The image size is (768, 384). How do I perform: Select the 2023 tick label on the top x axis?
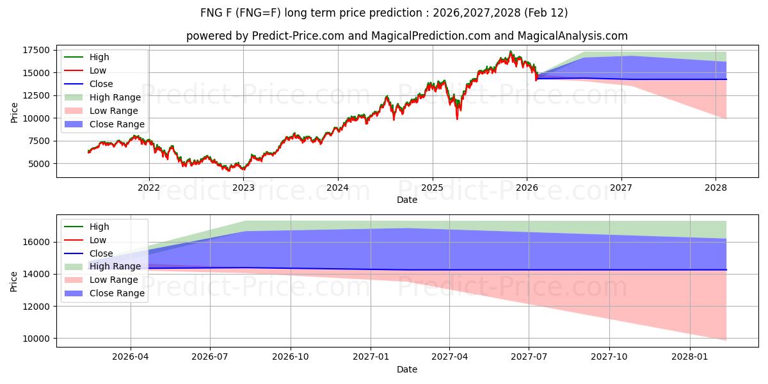[x=243, y=187]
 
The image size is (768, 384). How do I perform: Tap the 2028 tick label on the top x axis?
[x=716, y=187]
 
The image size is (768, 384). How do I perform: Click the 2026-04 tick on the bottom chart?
[x=131, y=357]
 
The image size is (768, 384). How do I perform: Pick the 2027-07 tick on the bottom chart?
[x=529, y=357]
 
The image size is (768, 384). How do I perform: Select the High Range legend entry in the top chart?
[x=115, y=97]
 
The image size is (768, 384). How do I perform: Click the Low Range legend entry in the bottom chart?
[x=114, y=280]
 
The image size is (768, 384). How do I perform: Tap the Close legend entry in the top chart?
[x=101, y=84]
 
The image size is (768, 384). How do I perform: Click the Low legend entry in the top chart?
[x=98, y=70]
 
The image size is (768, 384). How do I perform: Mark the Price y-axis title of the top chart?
[x=14, y=113]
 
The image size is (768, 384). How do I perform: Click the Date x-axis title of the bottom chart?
[x=406, y=369]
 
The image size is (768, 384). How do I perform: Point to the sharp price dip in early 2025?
[x=457, y=118]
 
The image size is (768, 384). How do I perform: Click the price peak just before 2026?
[x=510, y=52]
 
